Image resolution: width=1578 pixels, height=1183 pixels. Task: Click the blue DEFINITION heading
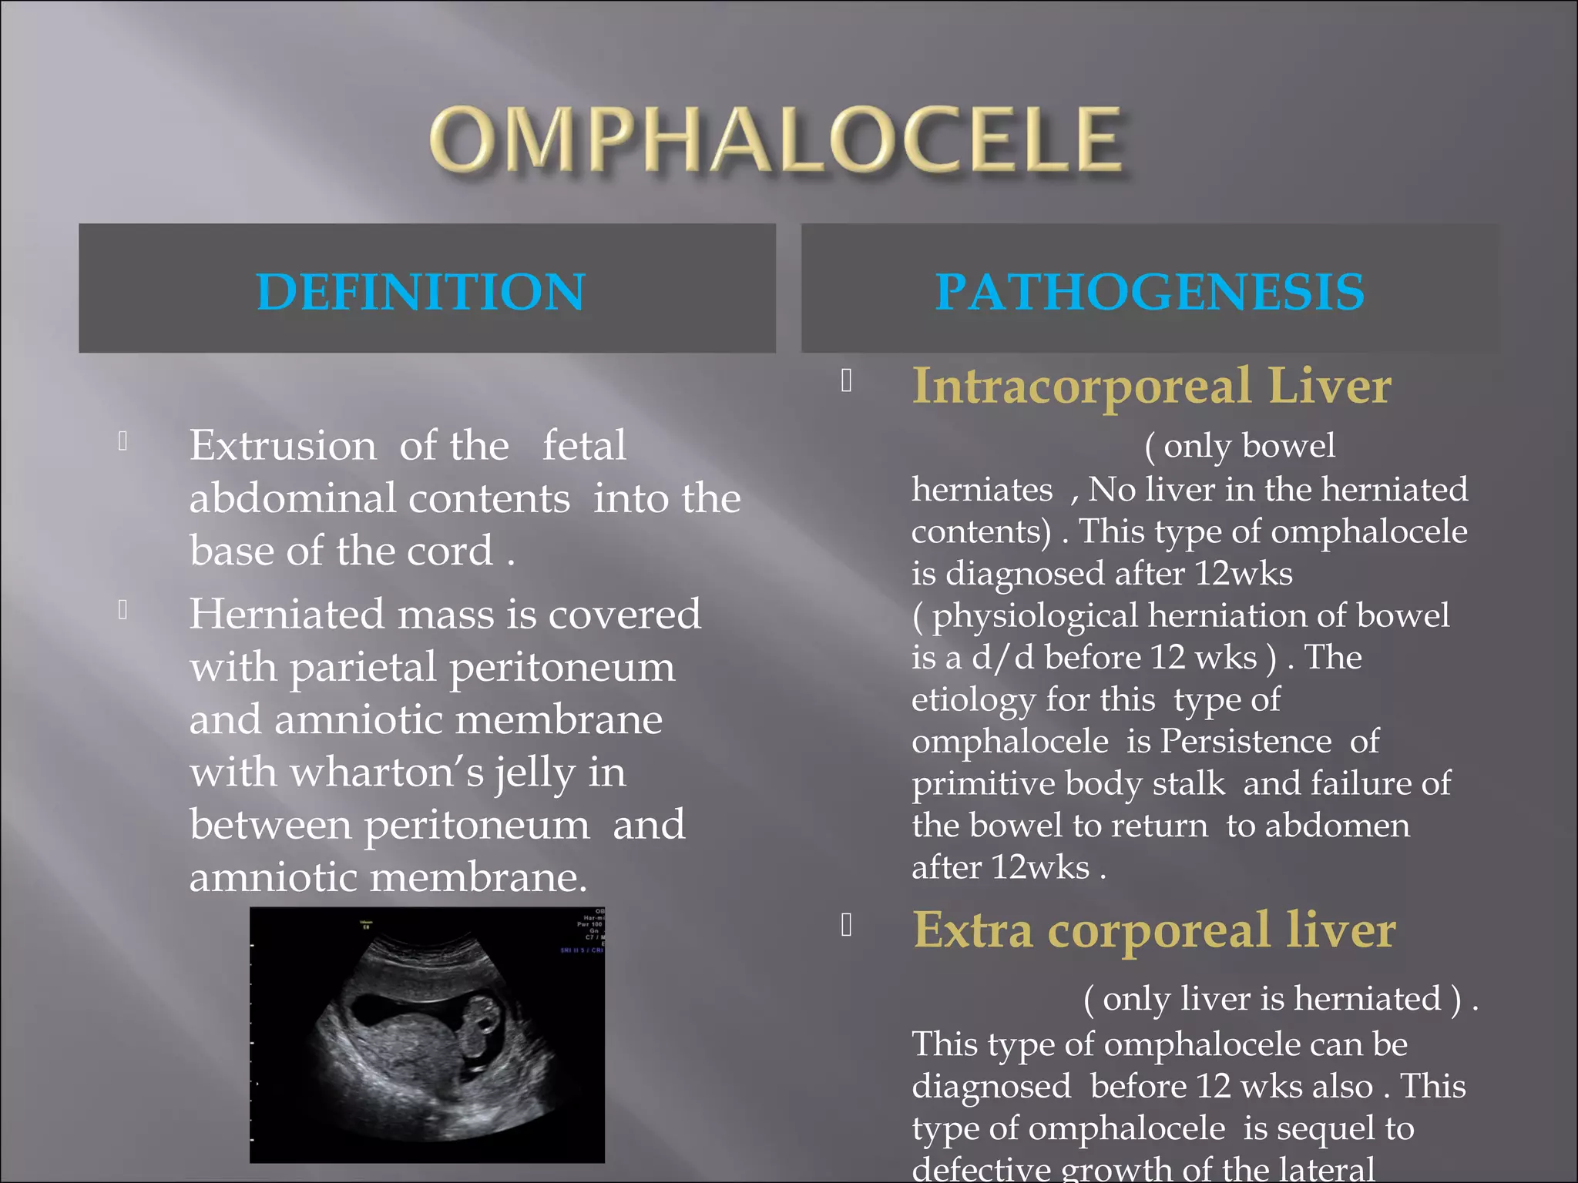[x=421, y=292]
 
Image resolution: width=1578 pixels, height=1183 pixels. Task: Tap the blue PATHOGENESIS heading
[x=1150, y=292]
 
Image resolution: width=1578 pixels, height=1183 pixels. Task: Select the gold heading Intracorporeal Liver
[x=1151, y=386]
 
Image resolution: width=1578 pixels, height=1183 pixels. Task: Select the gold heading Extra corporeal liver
[x=1153, y=930]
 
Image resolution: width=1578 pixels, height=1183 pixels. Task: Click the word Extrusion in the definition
[x=283, y=446]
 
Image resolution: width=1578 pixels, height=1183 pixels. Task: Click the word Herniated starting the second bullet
[x=287, y=615]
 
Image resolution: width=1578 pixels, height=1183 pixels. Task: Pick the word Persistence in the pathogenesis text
[x=1246, y=742]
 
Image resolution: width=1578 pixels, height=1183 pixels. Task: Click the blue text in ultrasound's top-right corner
[x=583, y=950]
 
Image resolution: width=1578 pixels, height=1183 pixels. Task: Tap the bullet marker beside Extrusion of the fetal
[x=123, y=441]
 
